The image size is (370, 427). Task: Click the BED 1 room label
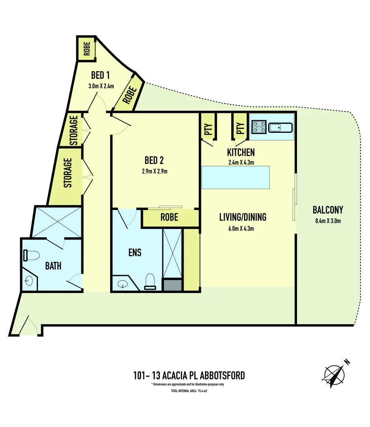coord(100,75)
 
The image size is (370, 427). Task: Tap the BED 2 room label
coord(154,161)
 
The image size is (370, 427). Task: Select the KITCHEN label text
coord(241,152)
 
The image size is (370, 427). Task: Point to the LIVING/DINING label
coord(243,217)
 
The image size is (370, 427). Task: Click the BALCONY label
coord(328,210)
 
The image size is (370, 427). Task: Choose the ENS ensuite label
coord(135,252)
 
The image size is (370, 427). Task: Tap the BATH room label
coord(53,266)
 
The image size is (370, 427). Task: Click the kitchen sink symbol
coord(280,128)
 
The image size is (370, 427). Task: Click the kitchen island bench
coord(236,177)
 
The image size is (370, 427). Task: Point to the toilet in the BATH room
coord(31,255)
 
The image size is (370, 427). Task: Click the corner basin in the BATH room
coord(28,282)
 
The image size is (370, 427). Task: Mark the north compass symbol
coord(335,374)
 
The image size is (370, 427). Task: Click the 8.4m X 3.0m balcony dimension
coord(328,221)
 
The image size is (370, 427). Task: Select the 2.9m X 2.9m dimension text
coord(154,172)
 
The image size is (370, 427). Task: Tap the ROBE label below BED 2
coord(169,217)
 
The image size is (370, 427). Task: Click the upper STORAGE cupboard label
coord(74,130)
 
